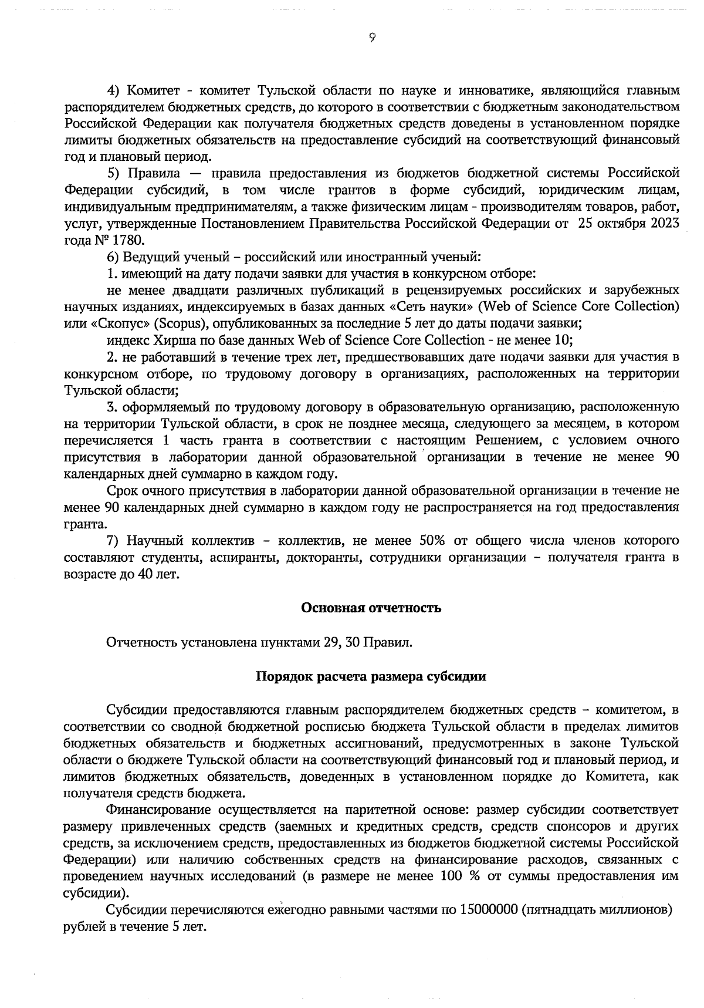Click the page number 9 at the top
[372, 38]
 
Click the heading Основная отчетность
[371, 608]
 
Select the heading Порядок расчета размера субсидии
[371, 676]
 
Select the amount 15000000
[488, 910]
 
